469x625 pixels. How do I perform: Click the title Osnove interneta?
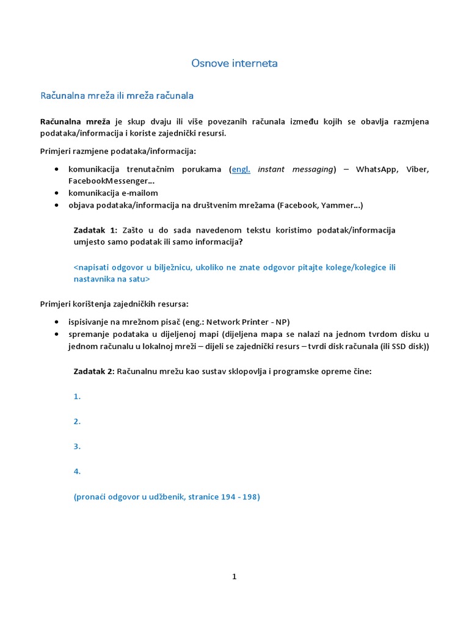(234, 63)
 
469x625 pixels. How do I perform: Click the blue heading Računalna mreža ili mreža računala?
(117, 96)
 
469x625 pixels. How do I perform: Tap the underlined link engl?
(241, 169)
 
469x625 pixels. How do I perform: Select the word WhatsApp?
(376, 169)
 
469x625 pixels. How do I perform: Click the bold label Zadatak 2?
(93, 371)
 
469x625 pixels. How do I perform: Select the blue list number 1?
(77, 396)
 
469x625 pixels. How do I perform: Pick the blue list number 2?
(77, 421)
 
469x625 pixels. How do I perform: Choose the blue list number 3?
(77, 446)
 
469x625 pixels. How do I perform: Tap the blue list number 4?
(77, 471)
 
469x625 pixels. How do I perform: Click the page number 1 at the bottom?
(234, 576)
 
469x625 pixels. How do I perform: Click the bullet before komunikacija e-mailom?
(57, 193)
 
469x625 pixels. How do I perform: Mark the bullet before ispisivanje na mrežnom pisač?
(57, 322)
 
